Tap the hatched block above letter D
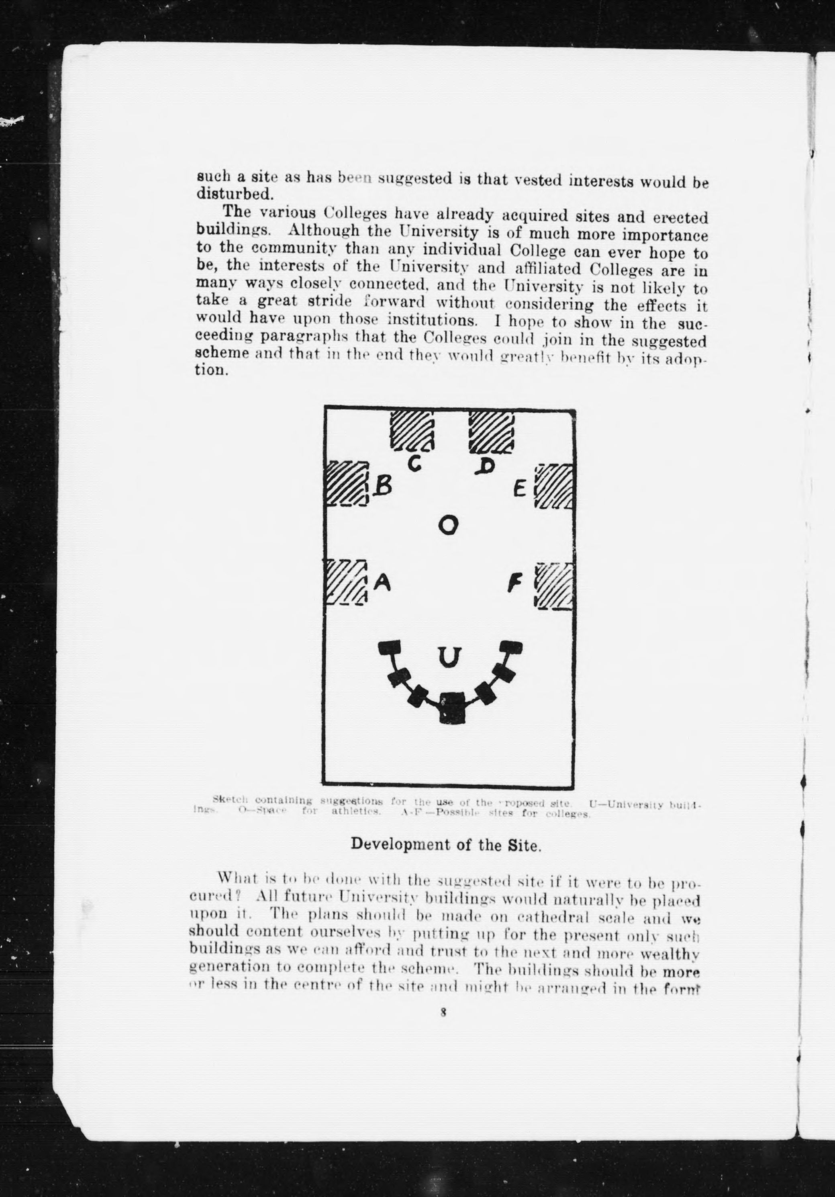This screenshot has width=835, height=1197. [491, 432]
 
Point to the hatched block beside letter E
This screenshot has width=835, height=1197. [555, 487]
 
